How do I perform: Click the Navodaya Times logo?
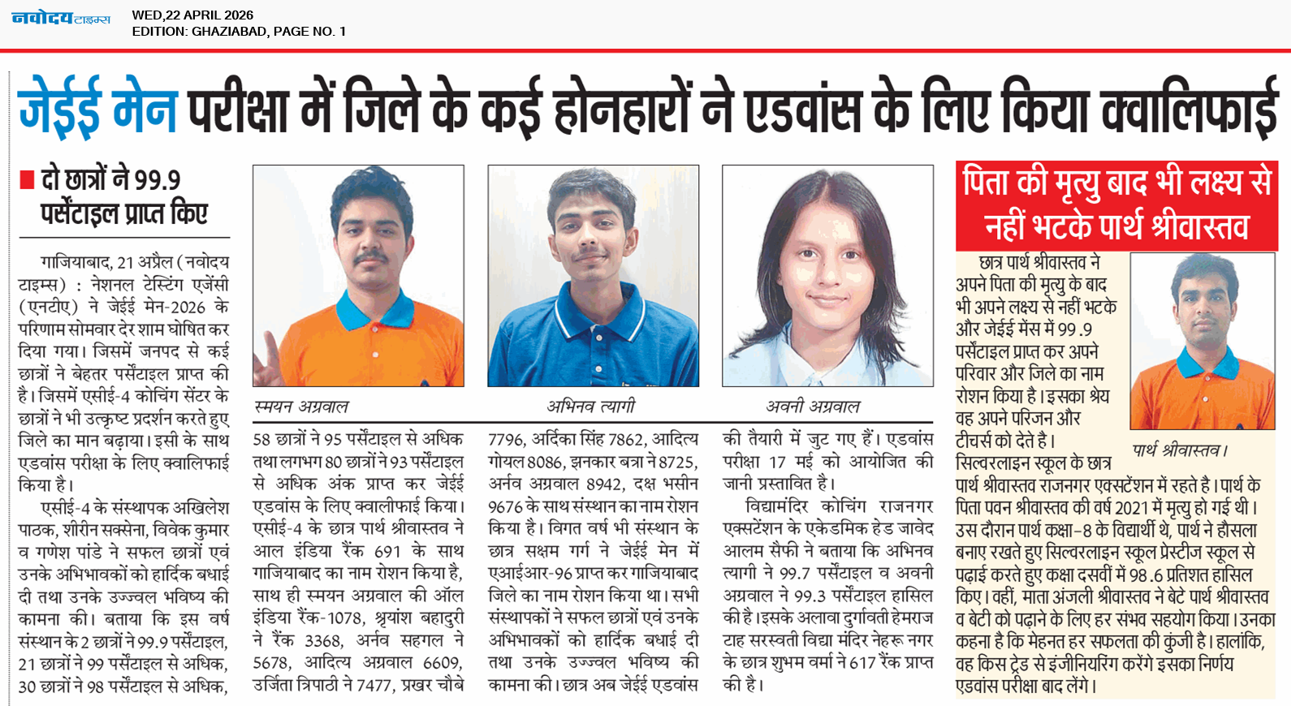[x=61, y=19]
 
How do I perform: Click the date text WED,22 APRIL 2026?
[x=192, y=15]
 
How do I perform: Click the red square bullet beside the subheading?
[x=27, y=180]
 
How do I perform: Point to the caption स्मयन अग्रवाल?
[x=301, y=407]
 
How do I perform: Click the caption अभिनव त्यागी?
[x=590, y=407]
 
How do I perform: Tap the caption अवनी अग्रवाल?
[x=812, y=407]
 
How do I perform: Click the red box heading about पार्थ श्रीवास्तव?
[x=1116, y=205]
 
